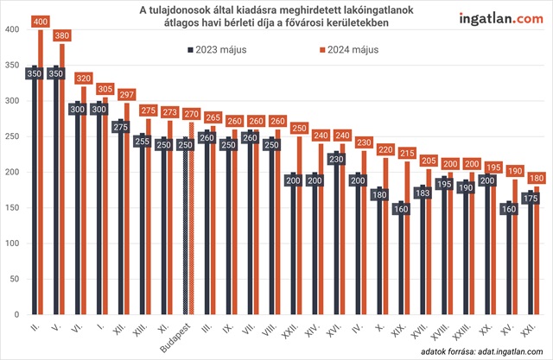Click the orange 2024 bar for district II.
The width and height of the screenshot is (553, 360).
pyautogui.click(x=41, y=173)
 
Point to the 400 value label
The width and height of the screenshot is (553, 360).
pyautogui.click(x=41, y=20)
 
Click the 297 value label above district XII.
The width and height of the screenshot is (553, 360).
pyautogui.click(x=129, y=94)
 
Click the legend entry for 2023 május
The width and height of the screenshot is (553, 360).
pyautogui.click(x=217, y=50)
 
